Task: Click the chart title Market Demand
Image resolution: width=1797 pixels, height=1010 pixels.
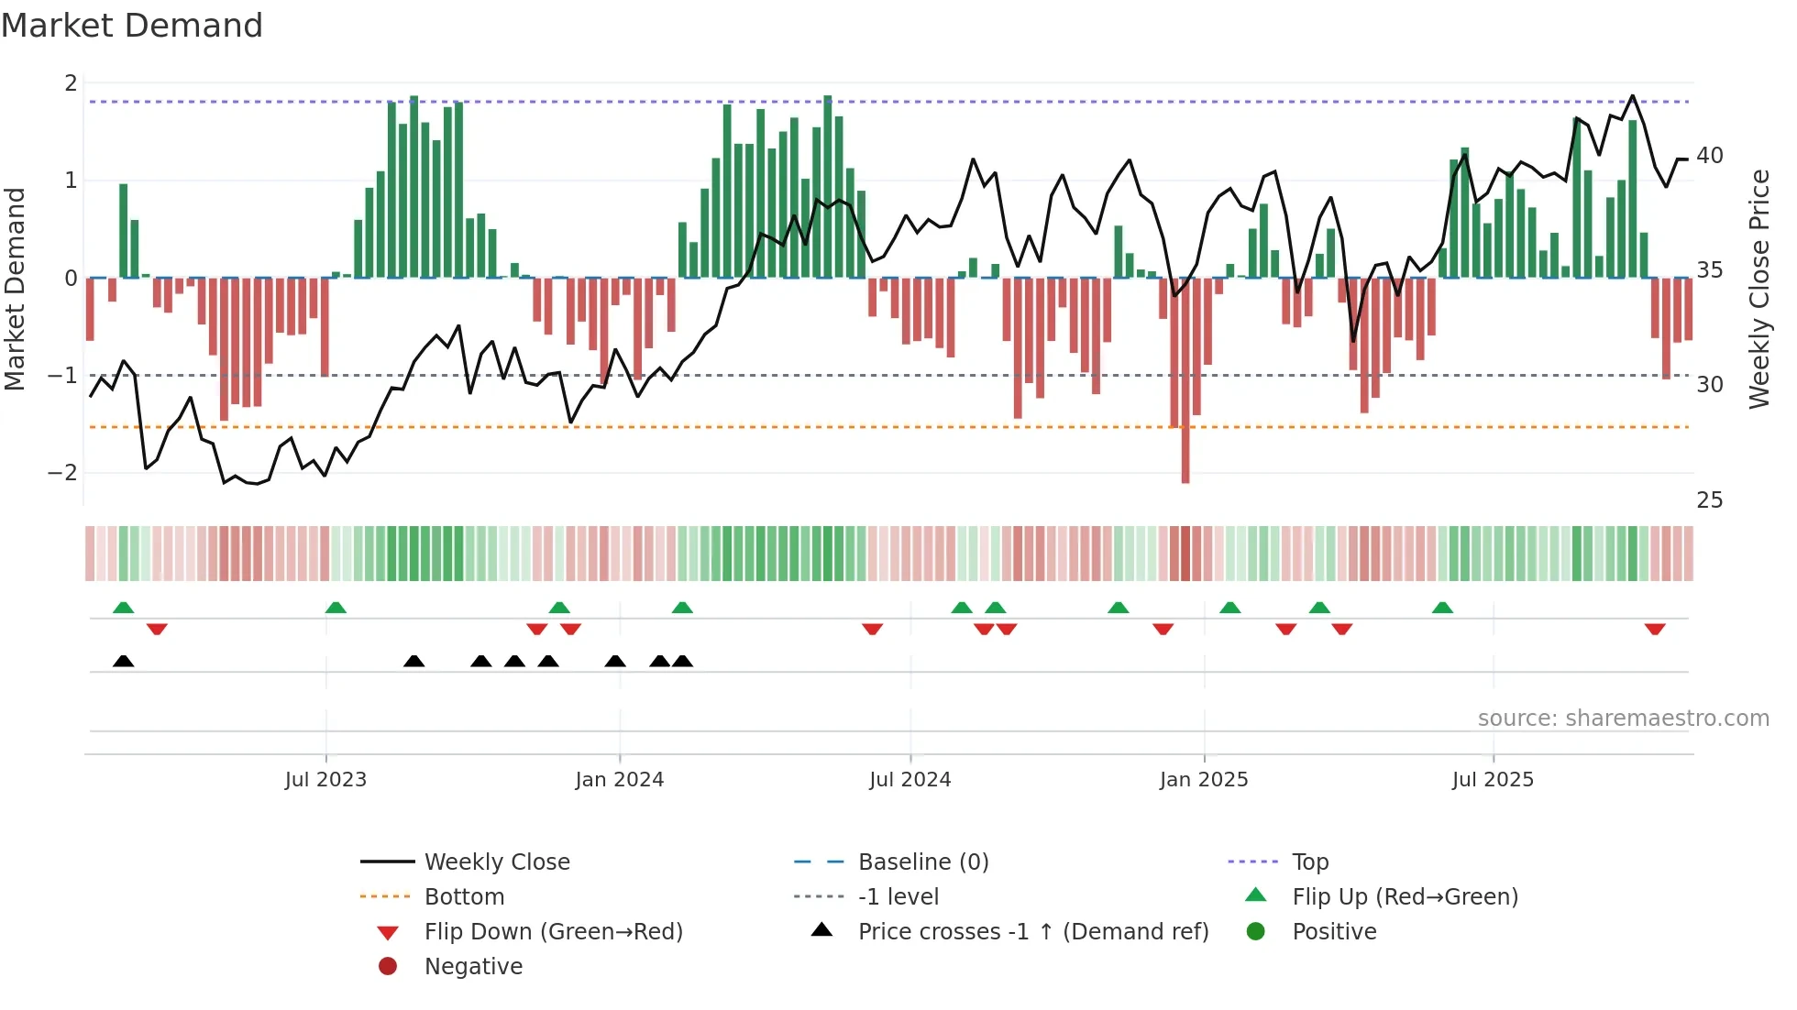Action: [x=132, y=26]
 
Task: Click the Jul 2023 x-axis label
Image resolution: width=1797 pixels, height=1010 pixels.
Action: [x=325, y=780]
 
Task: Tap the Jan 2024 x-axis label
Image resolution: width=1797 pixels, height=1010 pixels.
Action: [x=619, y=780]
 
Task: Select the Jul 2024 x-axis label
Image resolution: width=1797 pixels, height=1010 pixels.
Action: [x=910, y=780]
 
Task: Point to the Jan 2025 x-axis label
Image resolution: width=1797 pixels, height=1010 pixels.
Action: [x=1203, y=780]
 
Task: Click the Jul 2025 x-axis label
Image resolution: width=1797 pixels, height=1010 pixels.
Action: [x=1493, y=780]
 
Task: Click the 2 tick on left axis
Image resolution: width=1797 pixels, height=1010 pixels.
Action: [x=71, y=83]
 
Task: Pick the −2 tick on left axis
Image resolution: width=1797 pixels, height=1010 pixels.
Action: [x=63, y=473]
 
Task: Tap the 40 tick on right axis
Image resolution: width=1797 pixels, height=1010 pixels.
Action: [x=1710, y=156]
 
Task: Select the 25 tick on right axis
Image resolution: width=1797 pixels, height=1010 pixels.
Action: [x=1710, y=500]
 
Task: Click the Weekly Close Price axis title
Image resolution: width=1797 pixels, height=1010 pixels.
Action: [x=1759, y=289]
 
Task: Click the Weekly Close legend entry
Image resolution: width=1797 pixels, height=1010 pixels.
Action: [x=496, y=862]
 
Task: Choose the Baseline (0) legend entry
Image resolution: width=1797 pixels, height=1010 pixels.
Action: [x=922, y=862]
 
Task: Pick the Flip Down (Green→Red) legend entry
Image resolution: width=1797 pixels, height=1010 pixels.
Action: [x=553, y=932]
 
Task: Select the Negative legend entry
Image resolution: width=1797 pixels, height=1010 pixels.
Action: [x=473, y=967]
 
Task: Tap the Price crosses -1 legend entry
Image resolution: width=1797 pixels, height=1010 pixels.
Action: [x=1032, y=932]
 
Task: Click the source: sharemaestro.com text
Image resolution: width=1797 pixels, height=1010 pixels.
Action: [x=1623, y=719]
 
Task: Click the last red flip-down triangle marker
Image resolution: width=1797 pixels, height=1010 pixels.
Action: [x=1655, y=630]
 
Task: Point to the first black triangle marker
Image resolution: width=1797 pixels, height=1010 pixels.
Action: [x=124, y=661]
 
